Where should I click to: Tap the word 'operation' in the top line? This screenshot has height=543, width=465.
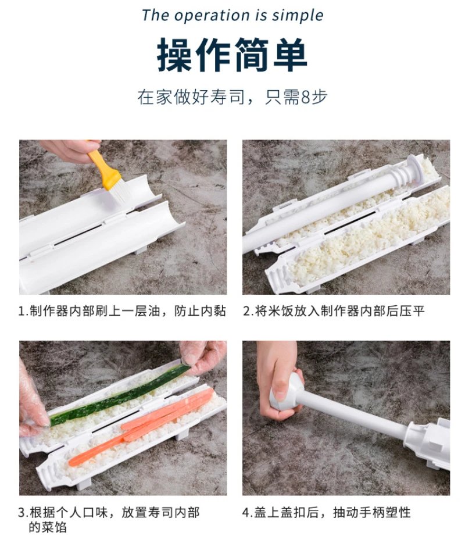click(x=212, y=16)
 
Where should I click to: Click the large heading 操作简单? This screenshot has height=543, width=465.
click(x=232, y=55)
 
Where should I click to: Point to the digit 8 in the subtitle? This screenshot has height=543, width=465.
click(x=306, y=97)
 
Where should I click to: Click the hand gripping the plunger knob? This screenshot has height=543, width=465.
click(x=278, y=381)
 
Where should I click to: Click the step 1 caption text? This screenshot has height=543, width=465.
click(x=122, y=311)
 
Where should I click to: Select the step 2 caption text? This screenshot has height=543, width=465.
click(x=334, y=311)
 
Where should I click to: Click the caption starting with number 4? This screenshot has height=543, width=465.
click(x=326, y=512)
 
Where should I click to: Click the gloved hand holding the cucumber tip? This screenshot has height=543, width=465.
click(x=202, y=358)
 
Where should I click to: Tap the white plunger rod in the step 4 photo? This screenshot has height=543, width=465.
click(x=353, y=414)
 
